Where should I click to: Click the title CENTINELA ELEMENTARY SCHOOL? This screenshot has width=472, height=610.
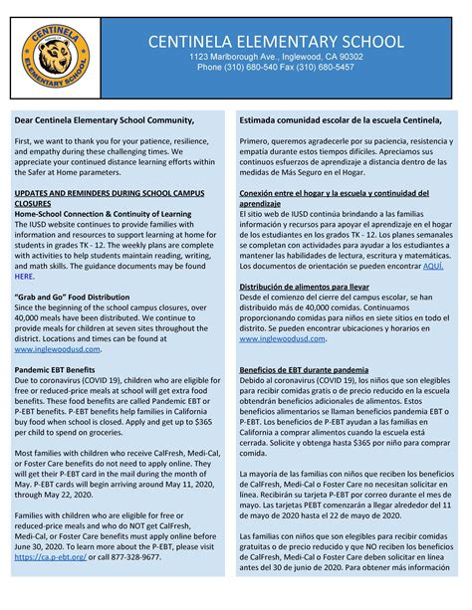276,42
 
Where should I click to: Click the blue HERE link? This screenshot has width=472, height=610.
24,277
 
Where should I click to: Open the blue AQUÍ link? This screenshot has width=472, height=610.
433,267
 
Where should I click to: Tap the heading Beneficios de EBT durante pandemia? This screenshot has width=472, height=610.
304,369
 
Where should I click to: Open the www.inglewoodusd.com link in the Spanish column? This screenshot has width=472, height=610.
283,338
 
